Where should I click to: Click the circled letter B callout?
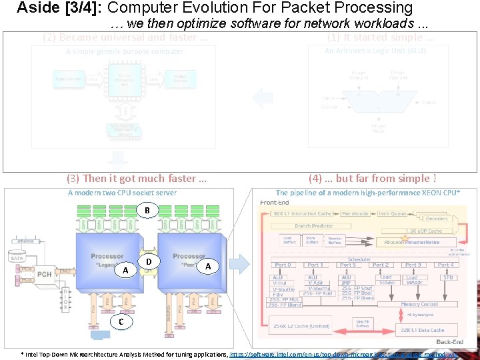(x=147, y=211)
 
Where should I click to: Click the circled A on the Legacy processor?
(x=125, y=270)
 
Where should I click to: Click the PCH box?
(x=45, y=273)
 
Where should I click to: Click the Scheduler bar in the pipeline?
(x=359, y=259)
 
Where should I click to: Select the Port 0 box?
(x=283, y=265)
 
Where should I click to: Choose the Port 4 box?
(x=445, y=265)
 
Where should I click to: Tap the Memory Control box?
(x=419, y=304)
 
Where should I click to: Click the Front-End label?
(x=274, y=203)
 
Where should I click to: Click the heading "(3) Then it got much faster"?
(x=137, y=178)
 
